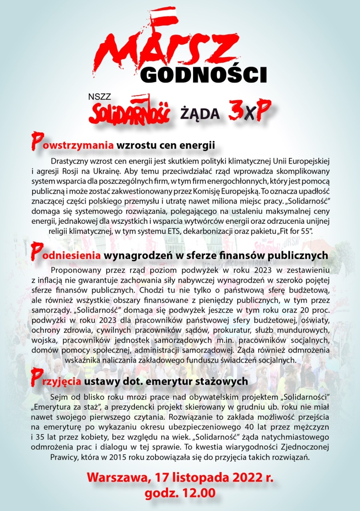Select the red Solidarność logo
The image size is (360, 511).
coord(130,111)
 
